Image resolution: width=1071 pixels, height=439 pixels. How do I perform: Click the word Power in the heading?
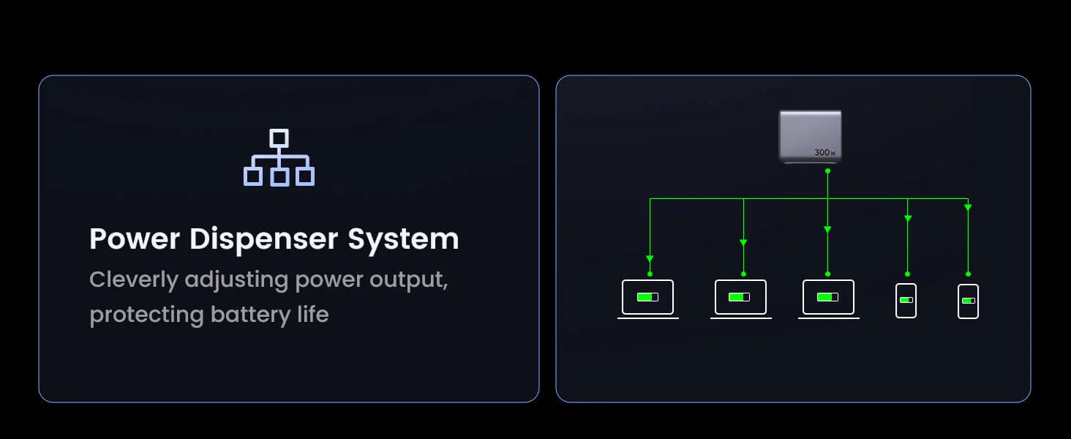tap(135, 239)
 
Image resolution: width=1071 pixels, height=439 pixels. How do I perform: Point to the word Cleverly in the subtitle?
tap(133, 280)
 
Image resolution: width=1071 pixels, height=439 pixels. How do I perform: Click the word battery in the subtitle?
tap(250, 315)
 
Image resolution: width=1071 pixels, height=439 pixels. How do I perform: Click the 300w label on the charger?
tap(825, 152)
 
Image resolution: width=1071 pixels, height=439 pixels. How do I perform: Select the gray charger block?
tap(811, 137)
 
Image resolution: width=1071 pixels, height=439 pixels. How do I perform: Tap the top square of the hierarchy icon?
tap(279, 138)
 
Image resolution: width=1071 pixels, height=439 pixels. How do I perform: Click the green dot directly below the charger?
tap(827, 170)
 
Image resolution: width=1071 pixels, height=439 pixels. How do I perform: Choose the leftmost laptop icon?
tap(648, 299)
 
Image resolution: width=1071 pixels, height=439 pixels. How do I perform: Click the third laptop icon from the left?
tap(829, 299)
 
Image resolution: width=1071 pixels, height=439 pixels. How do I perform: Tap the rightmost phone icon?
tap(968, 301)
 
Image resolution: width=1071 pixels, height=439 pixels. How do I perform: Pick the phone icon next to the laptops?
tap(906, 301)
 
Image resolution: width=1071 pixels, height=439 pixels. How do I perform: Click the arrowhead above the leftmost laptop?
tap(650, 259)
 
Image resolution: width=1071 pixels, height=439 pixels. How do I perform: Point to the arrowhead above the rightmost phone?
tap(968, 208)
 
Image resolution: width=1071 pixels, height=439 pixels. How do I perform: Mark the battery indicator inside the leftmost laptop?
tap(648, 297)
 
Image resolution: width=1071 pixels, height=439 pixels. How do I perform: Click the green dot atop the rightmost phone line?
tap(968, 274)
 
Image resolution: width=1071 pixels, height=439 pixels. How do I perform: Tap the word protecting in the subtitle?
tap(147, 315)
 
